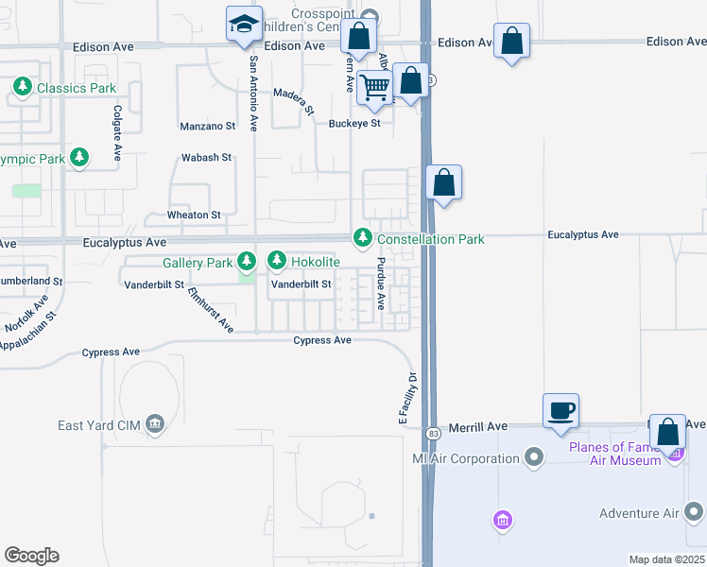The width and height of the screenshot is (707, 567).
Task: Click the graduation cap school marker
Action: (x=244, y=24)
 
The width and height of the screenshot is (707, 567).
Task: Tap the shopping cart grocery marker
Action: (x=375, y=87)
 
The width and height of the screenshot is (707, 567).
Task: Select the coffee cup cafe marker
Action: (x=561, y=411)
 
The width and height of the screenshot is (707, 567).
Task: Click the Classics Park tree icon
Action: (x=22, y=88)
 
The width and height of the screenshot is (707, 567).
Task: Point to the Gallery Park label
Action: (x=198, y=262)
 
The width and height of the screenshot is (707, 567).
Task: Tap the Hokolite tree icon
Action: (x=277, y=259)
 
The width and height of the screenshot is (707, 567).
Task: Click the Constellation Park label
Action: (x=431, y=239)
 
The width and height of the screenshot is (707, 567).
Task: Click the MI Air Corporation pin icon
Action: (x=534, y=458)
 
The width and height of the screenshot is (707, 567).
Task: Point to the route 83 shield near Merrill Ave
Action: (x=434, y=433)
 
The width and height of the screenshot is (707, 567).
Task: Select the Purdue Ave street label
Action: (x=381, y=283)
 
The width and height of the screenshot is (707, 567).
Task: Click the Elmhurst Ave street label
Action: (x=211, y=309)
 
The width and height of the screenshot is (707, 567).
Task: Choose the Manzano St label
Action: (x=207, y=126)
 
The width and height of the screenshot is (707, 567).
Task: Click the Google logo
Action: (x=31, y=556)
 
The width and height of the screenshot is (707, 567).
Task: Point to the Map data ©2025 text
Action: (x=665, y=559)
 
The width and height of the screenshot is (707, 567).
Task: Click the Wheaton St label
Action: (x=194, y=215)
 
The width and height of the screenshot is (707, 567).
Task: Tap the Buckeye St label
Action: (x=354, y=123)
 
